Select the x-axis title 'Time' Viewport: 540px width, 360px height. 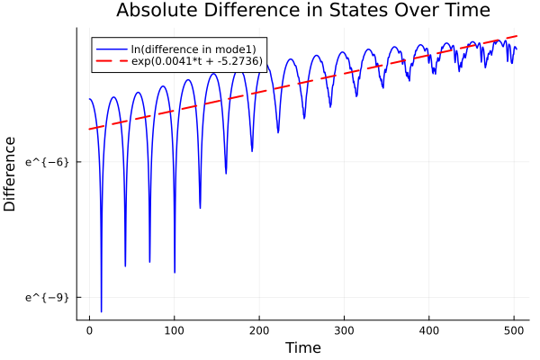pyautogui.click(x=302, y=347)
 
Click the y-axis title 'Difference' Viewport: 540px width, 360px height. pyautogui.click(x=11, y=174)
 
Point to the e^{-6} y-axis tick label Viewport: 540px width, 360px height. pyautogui.click(x=47, y=162)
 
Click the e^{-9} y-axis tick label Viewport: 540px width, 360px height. pyautogui.click(x=47, y=297)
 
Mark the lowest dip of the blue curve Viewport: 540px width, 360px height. pyautogui.click(x=102, y=311)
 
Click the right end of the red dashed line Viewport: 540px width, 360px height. pyautogui.click(x=517, y=36)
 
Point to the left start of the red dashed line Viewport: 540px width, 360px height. pyautogui.click(x=89, y=129)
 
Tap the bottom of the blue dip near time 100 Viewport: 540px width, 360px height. pyautogui.click(x=175, y=272)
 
